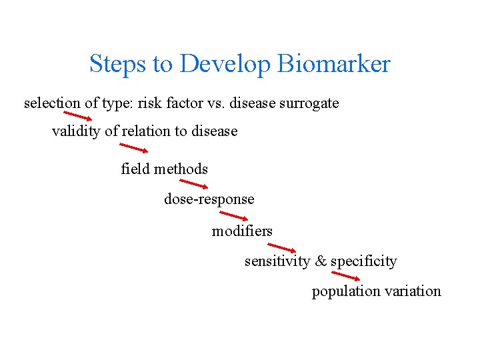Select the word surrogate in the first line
click(309, 103)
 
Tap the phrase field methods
click(164, 169)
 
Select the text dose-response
click(209, 199)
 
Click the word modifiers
click(242, 231)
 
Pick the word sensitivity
click(277, 261)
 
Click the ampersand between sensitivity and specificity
click(321, 261)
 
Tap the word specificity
click(364, 261)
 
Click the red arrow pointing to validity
click(78, 118)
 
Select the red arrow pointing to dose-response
click(194, 184)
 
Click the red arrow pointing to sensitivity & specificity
click(281, 247)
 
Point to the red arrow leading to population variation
click(346, 276)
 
